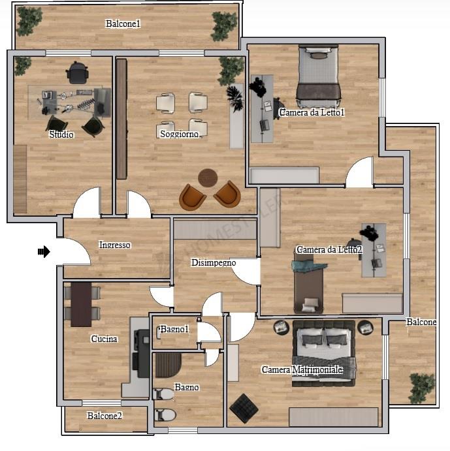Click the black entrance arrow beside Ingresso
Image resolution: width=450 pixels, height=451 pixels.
pyautogui.click(x=44, y=252)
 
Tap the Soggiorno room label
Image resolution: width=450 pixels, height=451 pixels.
pyautogui.click(x=179, y=134)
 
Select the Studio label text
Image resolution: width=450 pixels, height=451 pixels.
pyautogui.click(x=61, y=134)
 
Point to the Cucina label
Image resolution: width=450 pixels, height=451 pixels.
pyautogui.click(x=104, y=339)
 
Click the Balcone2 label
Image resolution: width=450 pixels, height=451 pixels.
pyautogui.click(x=104, y=416)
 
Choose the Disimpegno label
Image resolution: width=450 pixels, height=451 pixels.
pyautogui.click(x=214, y=262)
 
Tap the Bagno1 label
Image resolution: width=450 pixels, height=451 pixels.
pyautogui.click(x=174, y=329)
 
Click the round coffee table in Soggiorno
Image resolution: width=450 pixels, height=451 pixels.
pyautogui.click(x=208, y=178)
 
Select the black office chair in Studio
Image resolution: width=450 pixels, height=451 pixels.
pyautogui.click(x=76, y=72)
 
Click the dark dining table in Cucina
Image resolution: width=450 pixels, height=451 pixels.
pyautogui.click(x=81, y=304)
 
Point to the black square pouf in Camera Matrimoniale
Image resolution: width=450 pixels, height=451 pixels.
pyautogui.click(x=244, y=409)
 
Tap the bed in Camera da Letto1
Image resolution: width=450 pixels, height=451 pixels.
pyautogui.click(x=318, y=75)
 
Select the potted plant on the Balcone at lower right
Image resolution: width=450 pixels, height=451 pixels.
pyautogui.click(x=422, y=388)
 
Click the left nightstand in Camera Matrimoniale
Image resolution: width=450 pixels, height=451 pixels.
pyautogui.click(x=281, y=328)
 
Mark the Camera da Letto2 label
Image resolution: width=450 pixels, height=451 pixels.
pyautogui.click(x=329, y=249)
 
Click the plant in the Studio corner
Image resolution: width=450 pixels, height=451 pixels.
pyautogui.click(x=22, y=65)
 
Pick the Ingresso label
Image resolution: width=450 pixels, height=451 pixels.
pyautogui.click(x=114, y=245)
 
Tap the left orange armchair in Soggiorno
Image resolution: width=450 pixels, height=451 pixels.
pyautogui.click(x=192, y=197)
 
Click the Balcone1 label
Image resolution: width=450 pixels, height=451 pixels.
pyautogui.click(x=123, y=23)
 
